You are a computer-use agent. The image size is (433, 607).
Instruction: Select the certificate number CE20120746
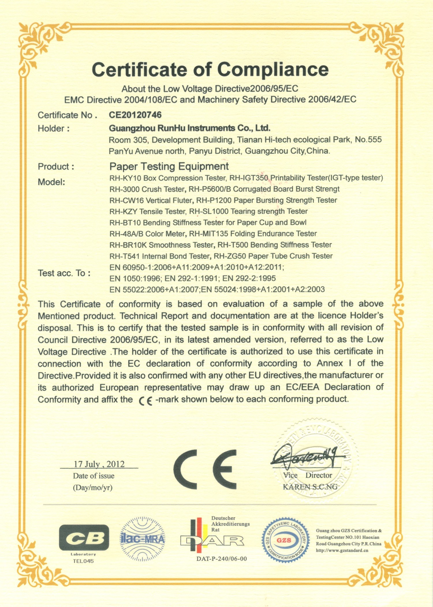[135, 115]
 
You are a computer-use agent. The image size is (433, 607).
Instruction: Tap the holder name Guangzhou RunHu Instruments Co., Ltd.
[189, 128]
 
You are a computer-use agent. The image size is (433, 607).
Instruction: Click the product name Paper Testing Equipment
[169, 166]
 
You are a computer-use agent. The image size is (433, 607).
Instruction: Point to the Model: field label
[51, 182]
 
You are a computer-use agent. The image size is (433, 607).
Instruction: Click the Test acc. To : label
[64, 273]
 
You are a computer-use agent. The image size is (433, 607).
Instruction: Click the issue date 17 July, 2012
[99, 464]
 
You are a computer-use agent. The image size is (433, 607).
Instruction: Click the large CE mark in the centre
[205, 470]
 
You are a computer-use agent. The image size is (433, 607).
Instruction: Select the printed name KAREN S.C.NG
[310, 487]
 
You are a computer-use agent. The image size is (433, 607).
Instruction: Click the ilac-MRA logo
[142, 539]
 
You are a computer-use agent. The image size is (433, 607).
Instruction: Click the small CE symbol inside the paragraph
[145, 400]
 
